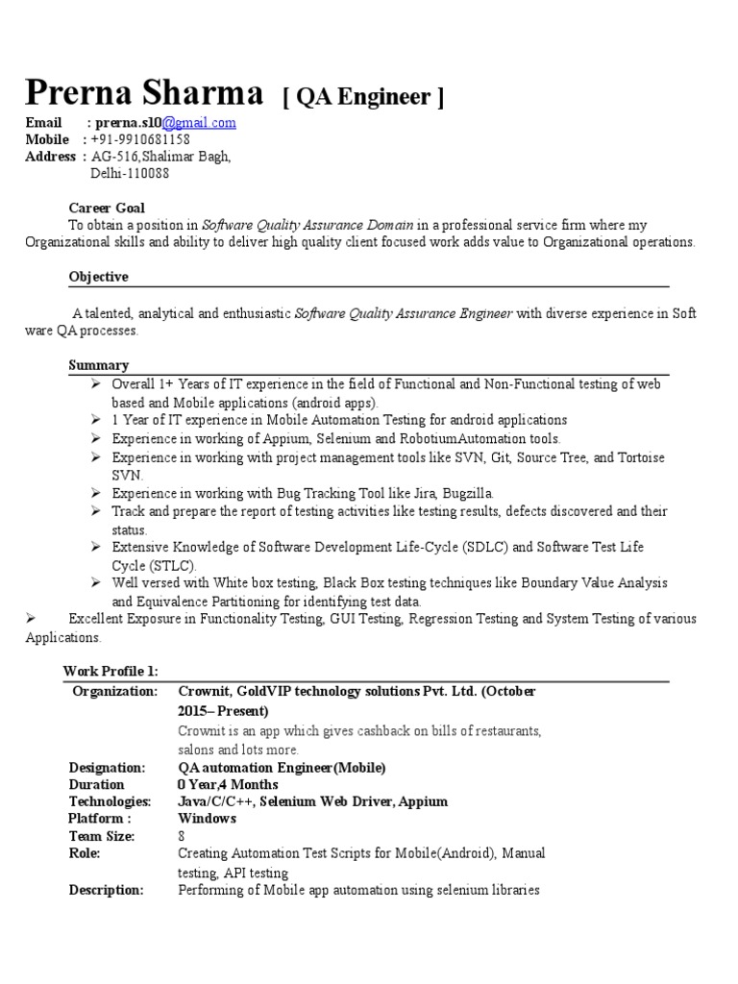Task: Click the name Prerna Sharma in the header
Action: coord(144,93)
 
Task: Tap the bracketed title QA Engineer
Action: coord(363,97)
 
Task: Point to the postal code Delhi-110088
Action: coord(130,174)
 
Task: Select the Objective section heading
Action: coord(98,277)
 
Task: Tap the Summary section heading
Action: coord(98,365)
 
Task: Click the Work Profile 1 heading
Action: coord(111,671)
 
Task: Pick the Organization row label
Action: coord(114,692)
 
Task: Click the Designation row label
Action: coord(108,768)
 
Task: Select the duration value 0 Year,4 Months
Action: coord(228,785)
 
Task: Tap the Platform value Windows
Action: coord(207,819)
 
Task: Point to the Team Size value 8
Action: coord(182,837)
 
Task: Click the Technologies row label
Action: coord(111,801)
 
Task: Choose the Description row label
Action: coord(107,890)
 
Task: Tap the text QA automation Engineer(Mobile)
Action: coord(282,768)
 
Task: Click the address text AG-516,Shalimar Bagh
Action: coord(161,157)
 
